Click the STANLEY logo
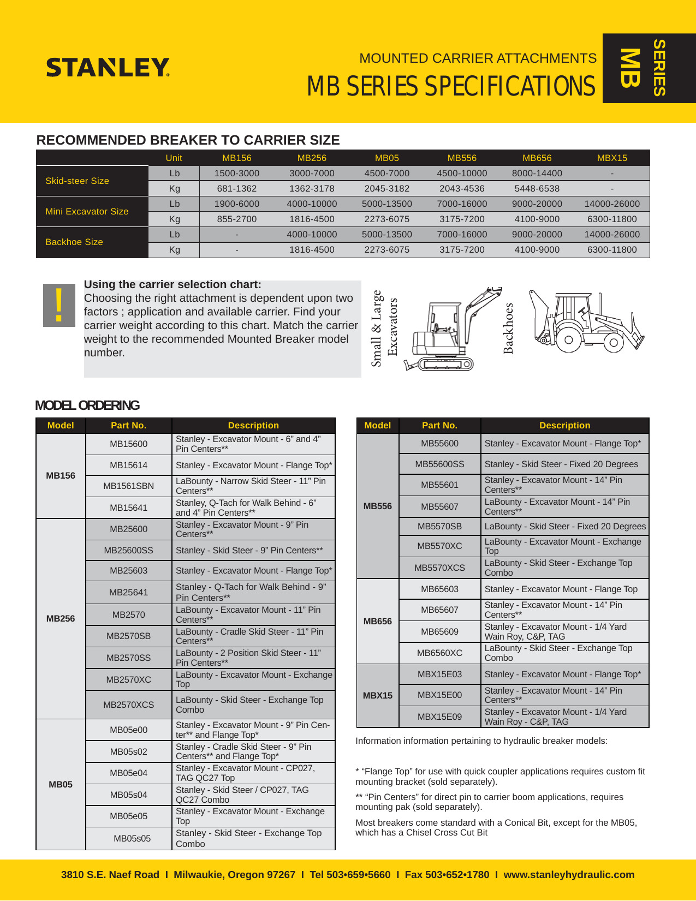[108, 68]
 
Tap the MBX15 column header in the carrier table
[612, 158]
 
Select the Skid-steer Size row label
[78, 181]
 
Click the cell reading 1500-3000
[236, 173]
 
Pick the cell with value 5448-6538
[537, 188]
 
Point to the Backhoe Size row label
[74, 242]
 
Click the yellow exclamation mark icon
[59, 305]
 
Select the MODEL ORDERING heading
[87, 405]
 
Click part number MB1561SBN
[128, 486]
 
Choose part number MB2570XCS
[128, 705]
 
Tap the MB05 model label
[60, 784]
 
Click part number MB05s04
[128, 795]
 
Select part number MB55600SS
[439, 464]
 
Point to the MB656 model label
[378, 621]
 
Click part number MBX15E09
[439, 717]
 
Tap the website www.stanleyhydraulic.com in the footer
[569, 875]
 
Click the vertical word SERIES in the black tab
[659, 68]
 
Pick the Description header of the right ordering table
[564, 425]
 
